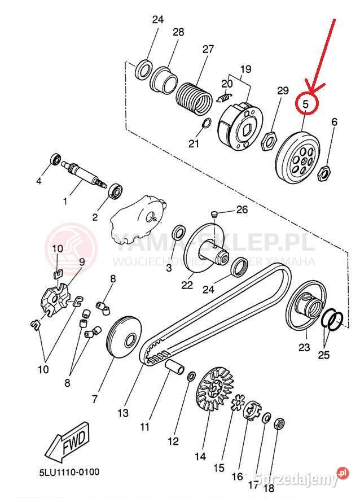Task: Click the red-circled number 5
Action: (x=306, y=104)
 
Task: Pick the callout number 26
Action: (x=242, y=210)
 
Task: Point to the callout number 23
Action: (x=304, y=347)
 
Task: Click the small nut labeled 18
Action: (x=279, y=423)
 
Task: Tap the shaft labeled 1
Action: (x=85, y=174)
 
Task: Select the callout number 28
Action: (x=178, y=33)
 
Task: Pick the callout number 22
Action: (x=187, y=285)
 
